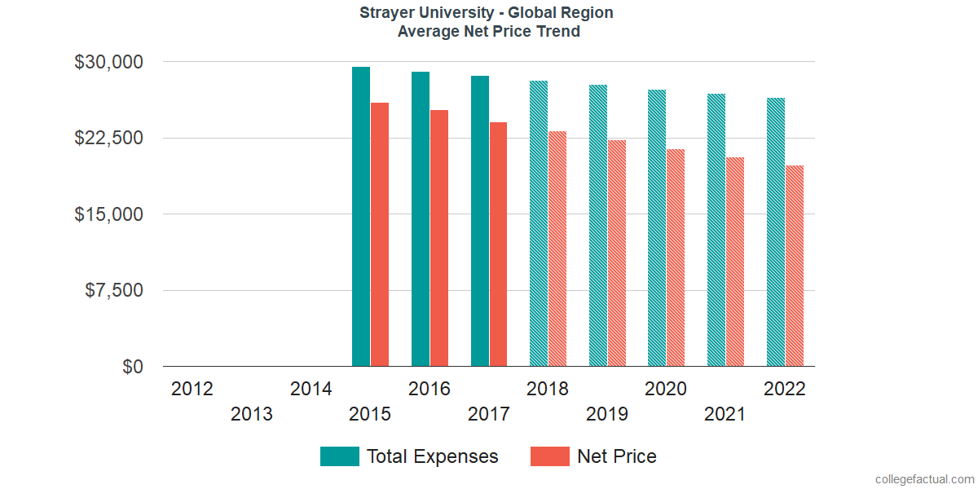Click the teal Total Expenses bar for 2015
pyautogui.click(x=361, y=217)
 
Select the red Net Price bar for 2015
pyautogui.click(x=380, y=235)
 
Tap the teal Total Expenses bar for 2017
pyautogui.click(x=479, y=221)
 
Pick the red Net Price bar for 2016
pyautogui.click(x=439, y=238)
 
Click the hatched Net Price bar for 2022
pyautogui.click(x=795, y=266)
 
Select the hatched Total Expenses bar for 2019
pyautogui.click(x=598, y=226)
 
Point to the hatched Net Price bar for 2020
pyautogui.click(x=676, y=258)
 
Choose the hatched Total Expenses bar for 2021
pyautogui.click(x=716, y=230)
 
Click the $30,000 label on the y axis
pyautogui.click(x=109, y=62)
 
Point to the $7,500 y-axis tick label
pyautogui.click(x=114, y=290)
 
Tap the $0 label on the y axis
pyautogui.click(x=133, y=367)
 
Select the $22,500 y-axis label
pyautogui.click(x=109, y=138)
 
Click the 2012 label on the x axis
pyautogui.click(x=192, y=389)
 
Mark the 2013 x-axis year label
pyautogui.click(x=252, y=415)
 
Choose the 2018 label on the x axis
pyautogui.click(x=548, y=389)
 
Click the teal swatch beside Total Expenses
pyautogui.click(x=340, y=456)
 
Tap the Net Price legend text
pyautogui.click(x=616, y=456)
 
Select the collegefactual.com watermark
pyautogui.click(x=924, y=479)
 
